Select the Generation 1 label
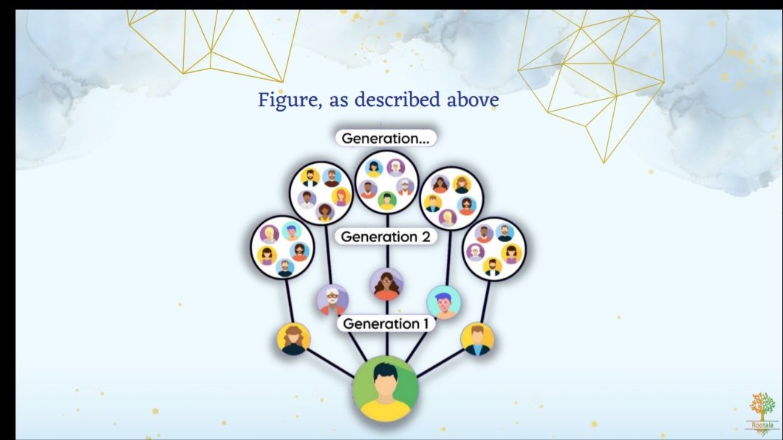386,324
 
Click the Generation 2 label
386,236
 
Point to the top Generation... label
386,138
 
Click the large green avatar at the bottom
385,389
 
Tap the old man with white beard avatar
332,300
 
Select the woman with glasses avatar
386,283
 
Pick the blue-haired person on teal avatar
443,302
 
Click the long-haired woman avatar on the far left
294,340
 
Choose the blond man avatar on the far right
477,340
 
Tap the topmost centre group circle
386,182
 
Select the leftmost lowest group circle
283,247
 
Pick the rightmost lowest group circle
494,249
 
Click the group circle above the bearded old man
321,193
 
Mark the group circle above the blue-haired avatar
451,199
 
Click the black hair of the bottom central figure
385,371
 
